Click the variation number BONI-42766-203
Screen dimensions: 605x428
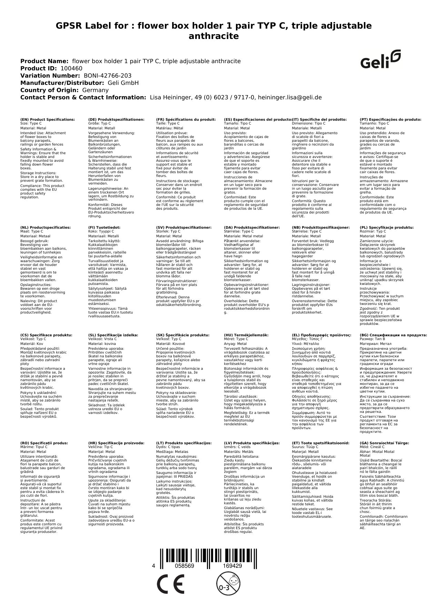click(108, 76)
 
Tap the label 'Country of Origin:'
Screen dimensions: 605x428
click(49, 90)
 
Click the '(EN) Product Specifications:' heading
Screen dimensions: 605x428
click(48, 119)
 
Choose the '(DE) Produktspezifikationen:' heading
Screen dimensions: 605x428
click(116, 119)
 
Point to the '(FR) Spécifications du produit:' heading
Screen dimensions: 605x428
click(186, 119)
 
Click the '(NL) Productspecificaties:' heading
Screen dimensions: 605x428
click(46, 228)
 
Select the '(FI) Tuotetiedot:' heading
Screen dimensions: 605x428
click(104, 228)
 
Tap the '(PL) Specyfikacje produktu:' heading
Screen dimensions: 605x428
click(387, 228)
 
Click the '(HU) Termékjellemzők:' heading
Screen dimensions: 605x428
click(246, 335)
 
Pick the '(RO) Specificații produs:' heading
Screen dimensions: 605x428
click(44, 443)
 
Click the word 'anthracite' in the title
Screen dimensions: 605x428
click(213, 36)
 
